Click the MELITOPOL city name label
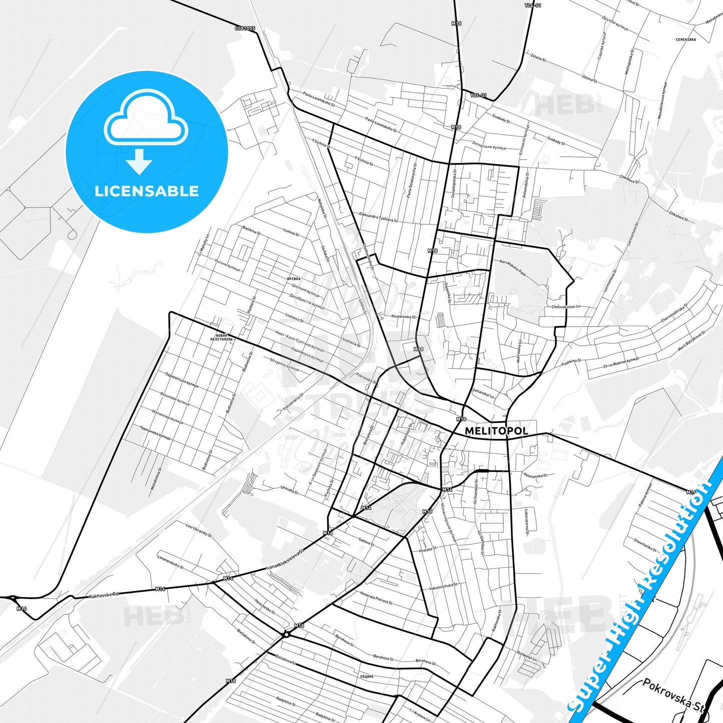click(x=496, y=431)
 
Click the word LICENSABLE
click(x=147, y=191)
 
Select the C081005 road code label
click(x=245, y=29)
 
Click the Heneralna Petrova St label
click(x=376, y=597)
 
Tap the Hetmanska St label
click(x=535, y=475)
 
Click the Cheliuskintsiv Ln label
click(x=566, y=307)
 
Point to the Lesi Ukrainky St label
click(x=199, y=531)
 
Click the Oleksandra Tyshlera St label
click(x=378, y=217)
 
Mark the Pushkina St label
click(x=571, y=361)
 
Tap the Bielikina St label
click(x=251, y=230)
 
